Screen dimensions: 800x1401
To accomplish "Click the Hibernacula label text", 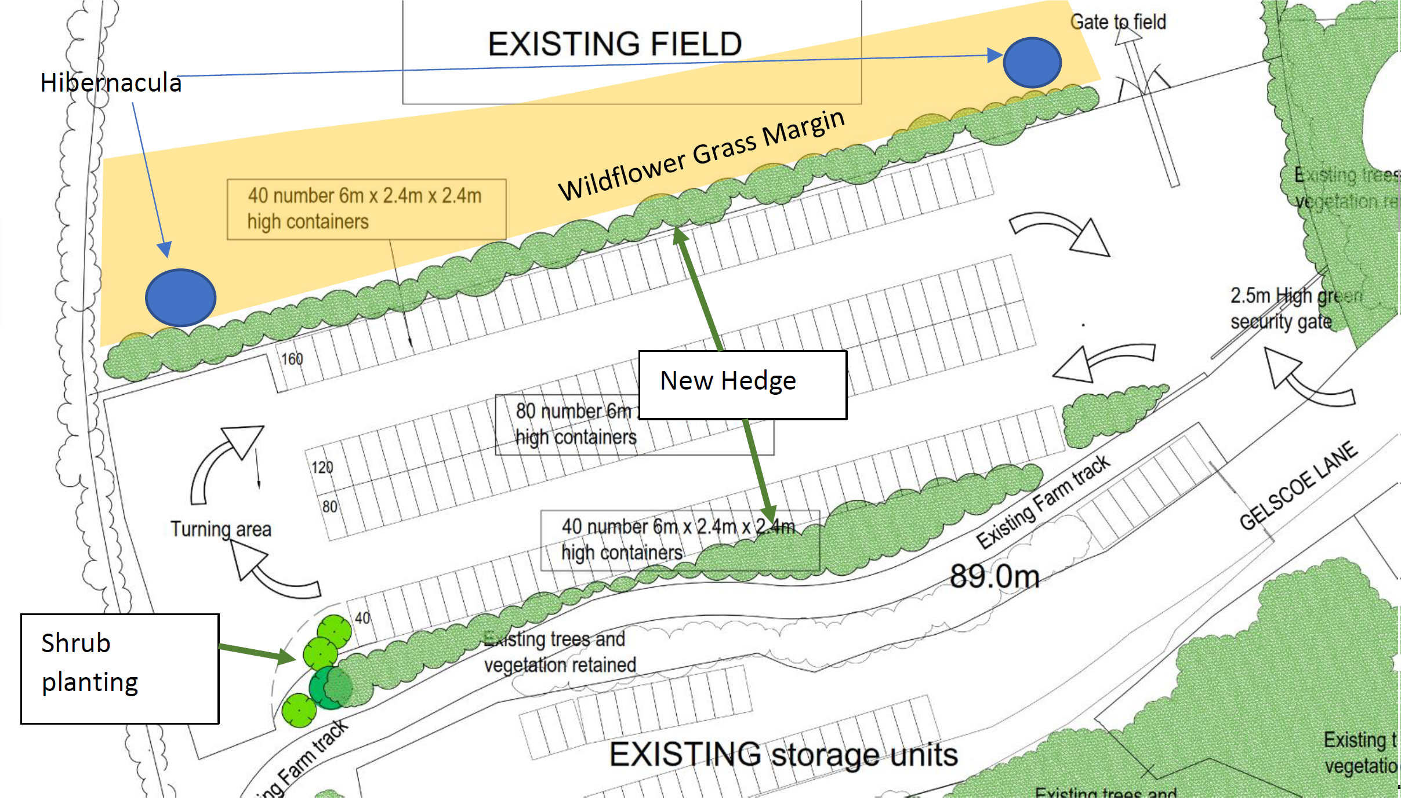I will point(111,83).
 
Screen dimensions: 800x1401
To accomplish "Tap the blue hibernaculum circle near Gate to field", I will point(1032,63).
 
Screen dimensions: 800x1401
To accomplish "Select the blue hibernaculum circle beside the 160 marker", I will point(180,297).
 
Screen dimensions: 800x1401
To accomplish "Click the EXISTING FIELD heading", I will point(615,44).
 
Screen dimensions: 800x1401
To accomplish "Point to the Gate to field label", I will point(1117,22).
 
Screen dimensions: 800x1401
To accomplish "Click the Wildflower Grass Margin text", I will point(702,155).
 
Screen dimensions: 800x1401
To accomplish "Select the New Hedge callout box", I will point(742,384).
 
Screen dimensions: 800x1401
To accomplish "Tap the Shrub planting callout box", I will point(119,668).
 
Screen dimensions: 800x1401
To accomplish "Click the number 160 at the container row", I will point(292,359).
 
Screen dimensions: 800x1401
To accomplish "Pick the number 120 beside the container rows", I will point(322,467).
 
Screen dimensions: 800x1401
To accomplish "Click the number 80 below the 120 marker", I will point(329,507).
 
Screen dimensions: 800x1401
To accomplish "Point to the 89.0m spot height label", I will point(995,577).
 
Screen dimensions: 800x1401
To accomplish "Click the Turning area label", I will point(221,529).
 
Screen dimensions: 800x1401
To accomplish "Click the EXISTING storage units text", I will point(783,755).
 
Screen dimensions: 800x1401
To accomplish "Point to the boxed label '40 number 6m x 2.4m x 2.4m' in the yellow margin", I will point(366,209).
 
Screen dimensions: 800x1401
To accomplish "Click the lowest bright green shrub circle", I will point(299,710).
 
